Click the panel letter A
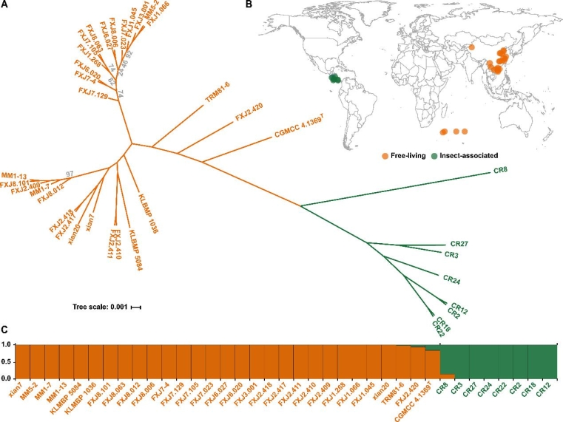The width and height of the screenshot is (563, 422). pos(5,5)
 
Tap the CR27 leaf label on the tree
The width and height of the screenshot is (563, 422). pos(460,242)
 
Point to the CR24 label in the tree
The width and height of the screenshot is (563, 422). pos(452,279)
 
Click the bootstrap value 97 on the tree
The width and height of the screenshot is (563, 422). pos(70,174)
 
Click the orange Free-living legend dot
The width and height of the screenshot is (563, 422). pos(385,155)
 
